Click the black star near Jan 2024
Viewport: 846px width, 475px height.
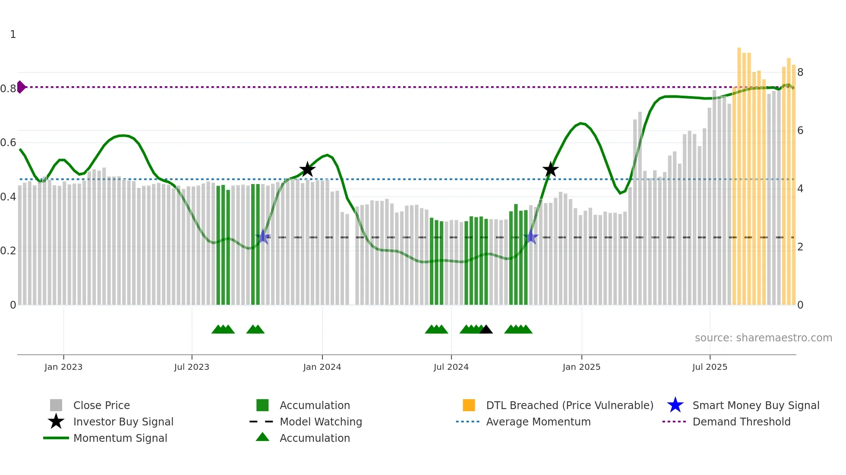307,169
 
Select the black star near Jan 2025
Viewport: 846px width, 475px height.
550,169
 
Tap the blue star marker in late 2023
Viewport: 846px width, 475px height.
263,237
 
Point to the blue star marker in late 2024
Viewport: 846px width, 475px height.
531,237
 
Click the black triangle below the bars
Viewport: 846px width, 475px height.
486,330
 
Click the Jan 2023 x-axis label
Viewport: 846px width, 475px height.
63,367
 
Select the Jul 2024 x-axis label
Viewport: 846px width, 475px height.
451,367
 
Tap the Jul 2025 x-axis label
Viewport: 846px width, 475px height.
710,367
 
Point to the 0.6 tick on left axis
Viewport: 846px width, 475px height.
9,143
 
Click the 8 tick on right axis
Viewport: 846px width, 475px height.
800,72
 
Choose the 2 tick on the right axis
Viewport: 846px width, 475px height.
800,247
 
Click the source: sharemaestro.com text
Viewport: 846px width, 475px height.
763,338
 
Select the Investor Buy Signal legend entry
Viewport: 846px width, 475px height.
123,422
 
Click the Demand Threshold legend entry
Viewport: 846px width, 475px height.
741,422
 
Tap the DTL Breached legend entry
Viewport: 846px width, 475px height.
569,405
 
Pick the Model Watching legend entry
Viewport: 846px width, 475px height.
321,422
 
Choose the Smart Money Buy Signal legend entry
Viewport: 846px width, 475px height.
755,405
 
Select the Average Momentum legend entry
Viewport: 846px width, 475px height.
538,422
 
